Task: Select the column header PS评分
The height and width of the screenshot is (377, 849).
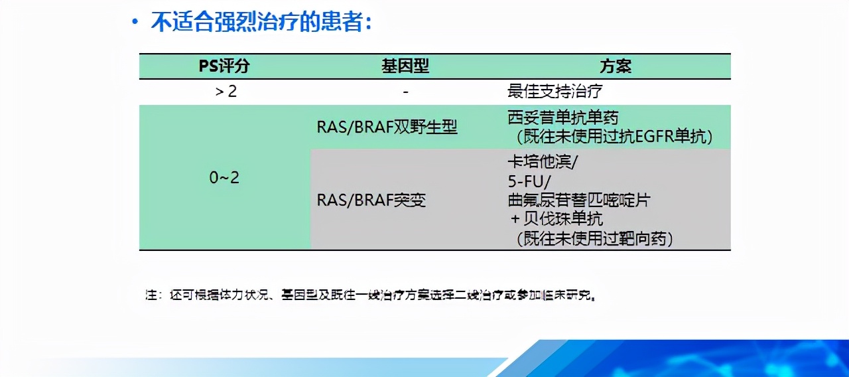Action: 225,66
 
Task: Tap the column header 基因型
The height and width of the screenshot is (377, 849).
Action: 405,66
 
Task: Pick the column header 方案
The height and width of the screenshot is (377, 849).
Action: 615,66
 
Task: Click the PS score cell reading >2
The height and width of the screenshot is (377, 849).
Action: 226,91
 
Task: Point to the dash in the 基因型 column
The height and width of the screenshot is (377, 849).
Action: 405,91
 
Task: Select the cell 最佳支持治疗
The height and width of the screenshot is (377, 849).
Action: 555,91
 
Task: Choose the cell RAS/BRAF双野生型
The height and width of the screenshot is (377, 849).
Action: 387,127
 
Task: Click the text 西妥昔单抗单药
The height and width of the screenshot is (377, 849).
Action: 562,118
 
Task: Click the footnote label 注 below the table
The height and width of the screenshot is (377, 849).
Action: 151,295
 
